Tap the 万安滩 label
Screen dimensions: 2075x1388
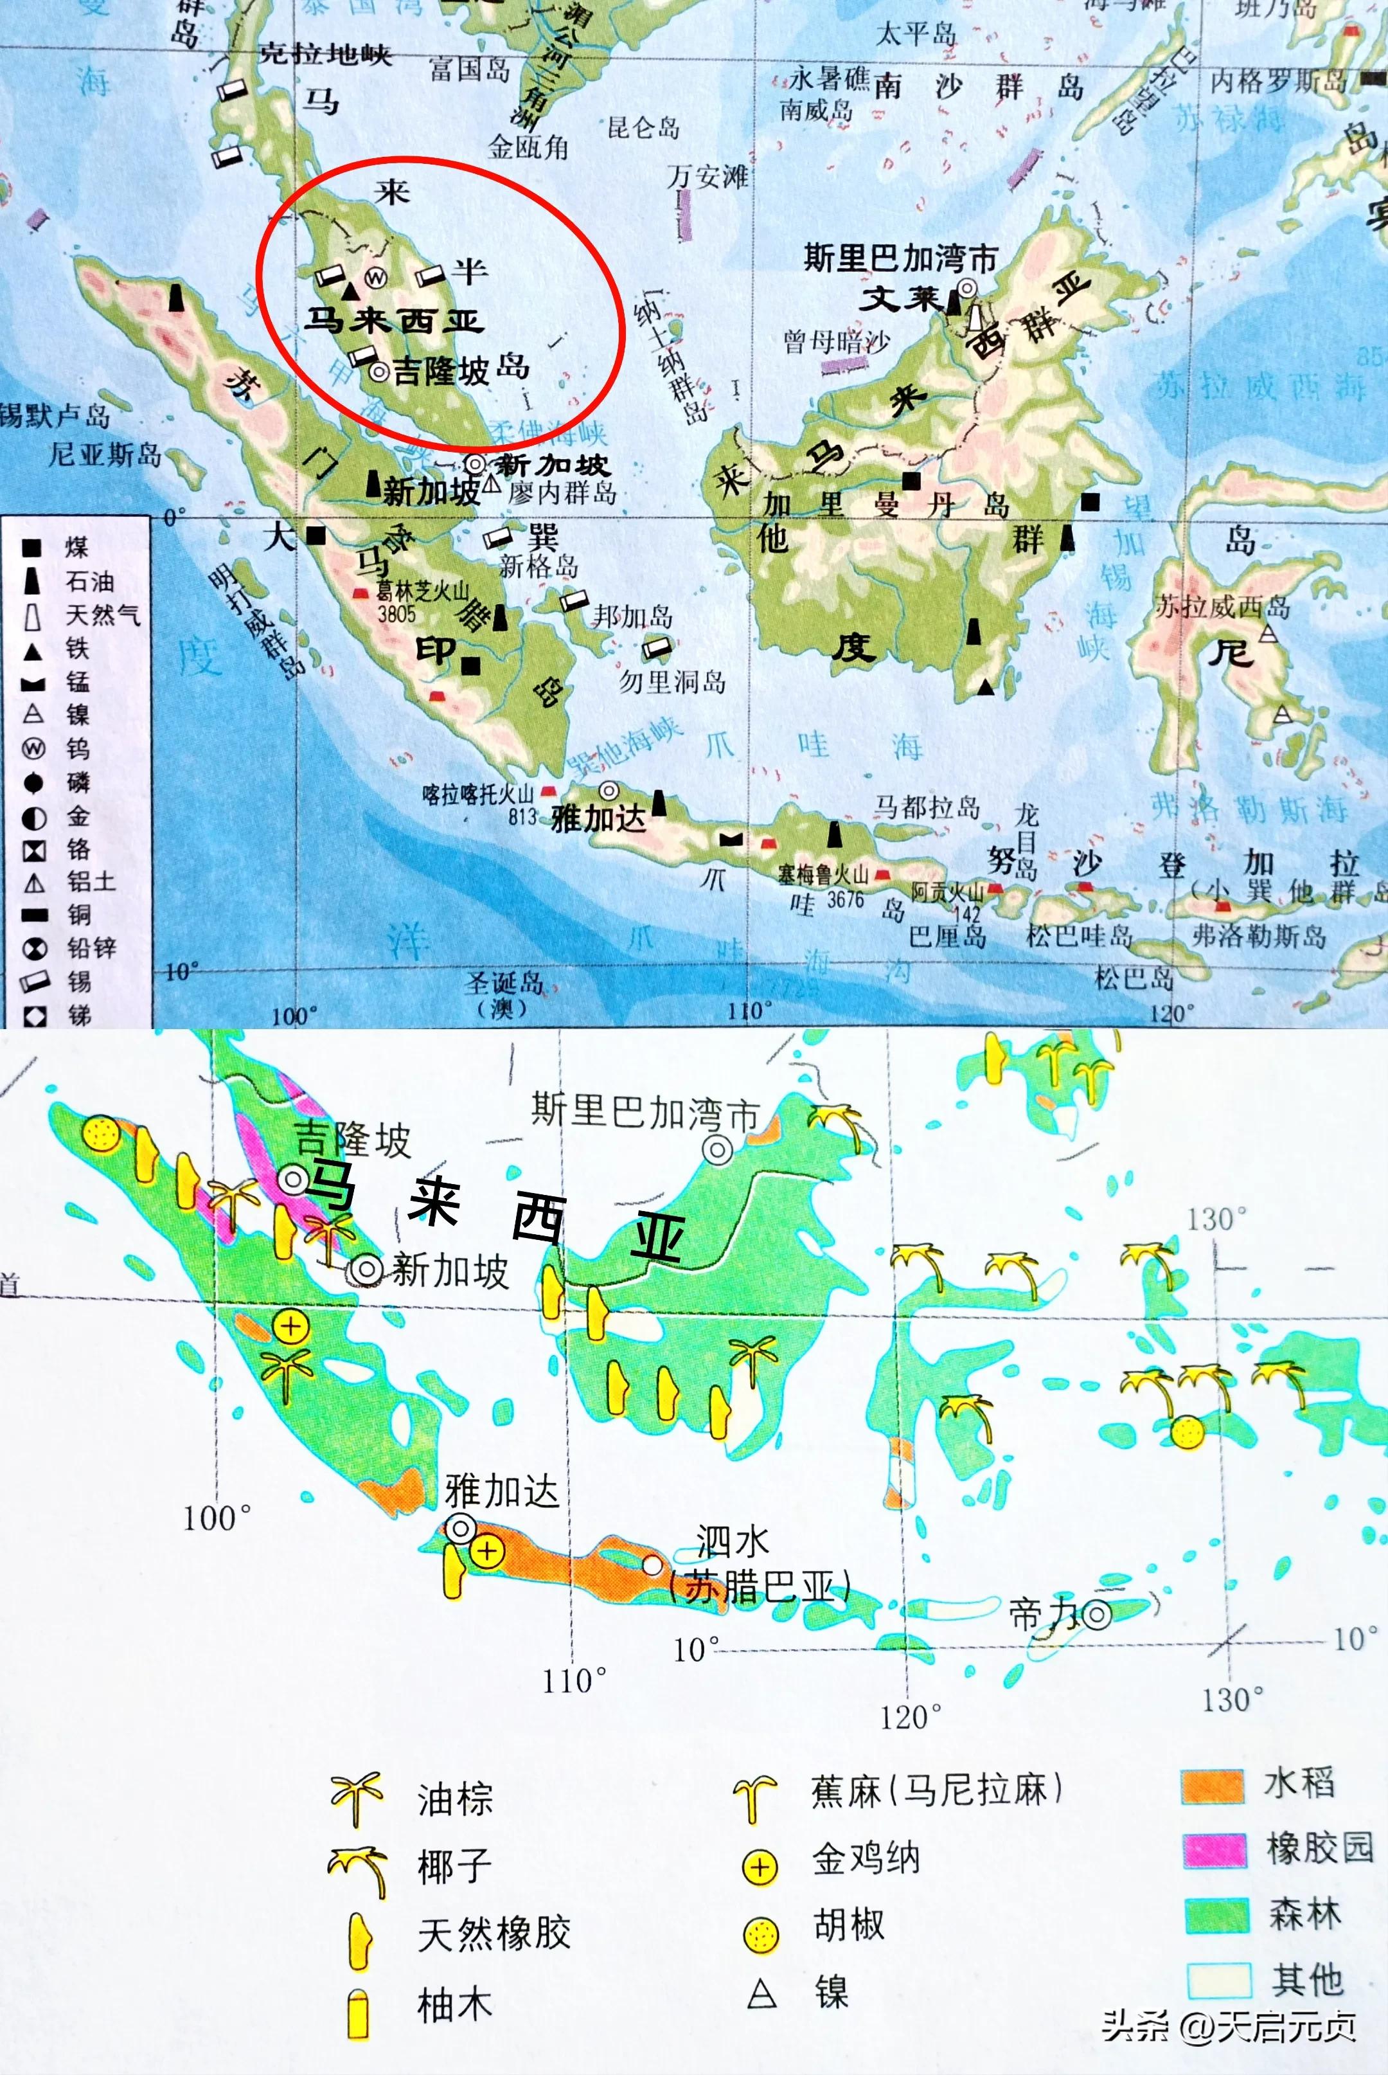coord(707,176)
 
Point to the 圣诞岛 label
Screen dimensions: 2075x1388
coord(504,984)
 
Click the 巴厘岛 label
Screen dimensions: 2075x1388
coord(947,936)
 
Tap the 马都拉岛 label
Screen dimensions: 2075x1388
coord(927,807)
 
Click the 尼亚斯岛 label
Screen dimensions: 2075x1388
coord(105,455)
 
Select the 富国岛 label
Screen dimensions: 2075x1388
coord(470,68)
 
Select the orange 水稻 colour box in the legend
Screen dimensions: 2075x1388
coord(1213,1786)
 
